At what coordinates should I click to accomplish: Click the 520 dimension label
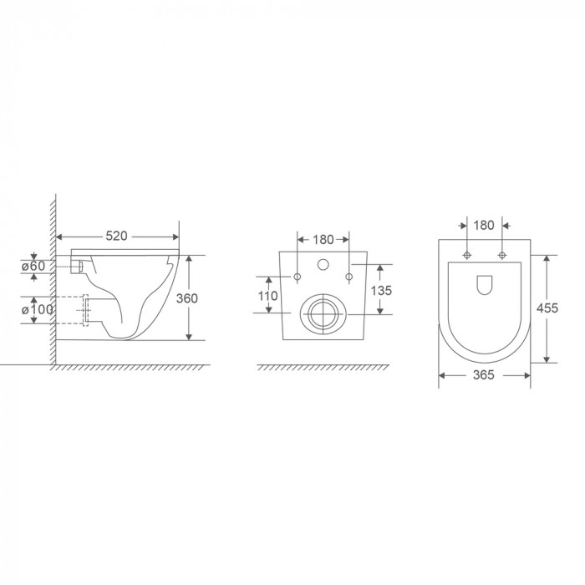point(117,237)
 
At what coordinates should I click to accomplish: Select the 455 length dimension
point(547,308)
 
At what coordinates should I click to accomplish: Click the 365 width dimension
point(485,376)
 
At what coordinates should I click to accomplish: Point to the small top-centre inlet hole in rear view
point(322,267)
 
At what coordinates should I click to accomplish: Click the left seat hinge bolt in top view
point(466,254)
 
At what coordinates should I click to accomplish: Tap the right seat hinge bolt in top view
point(502,254)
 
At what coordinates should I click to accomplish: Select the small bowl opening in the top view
point(485,285)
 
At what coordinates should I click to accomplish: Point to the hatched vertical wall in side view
point(51,284)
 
